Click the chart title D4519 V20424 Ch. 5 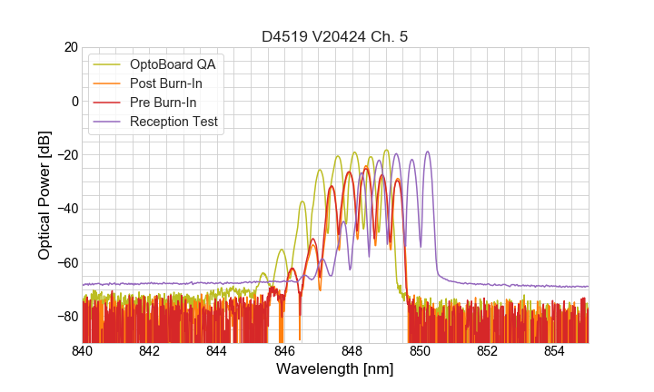pyautogui.click(x=334, y=37)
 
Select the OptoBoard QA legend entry pyautogui.click(x=178, y=64)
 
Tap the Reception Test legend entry pyautogui.click(x=178, y=122)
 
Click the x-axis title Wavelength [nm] pyautogui.click(x=334, y=369)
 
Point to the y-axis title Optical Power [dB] pyautogui.click(x=45, y=194)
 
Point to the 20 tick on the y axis pyautogui.click(x=70, y=47)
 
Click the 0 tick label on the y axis pyautogui.click(x=74, y=101)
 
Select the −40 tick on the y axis pyautogui.click(x=65, y=209)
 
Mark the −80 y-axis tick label pyautogui.click(x=65, y=317)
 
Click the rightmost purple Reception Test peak pyautogui.click(x=427, y=152)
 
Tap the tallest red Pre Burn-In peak pyautogui.click(x=366, y=168)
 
